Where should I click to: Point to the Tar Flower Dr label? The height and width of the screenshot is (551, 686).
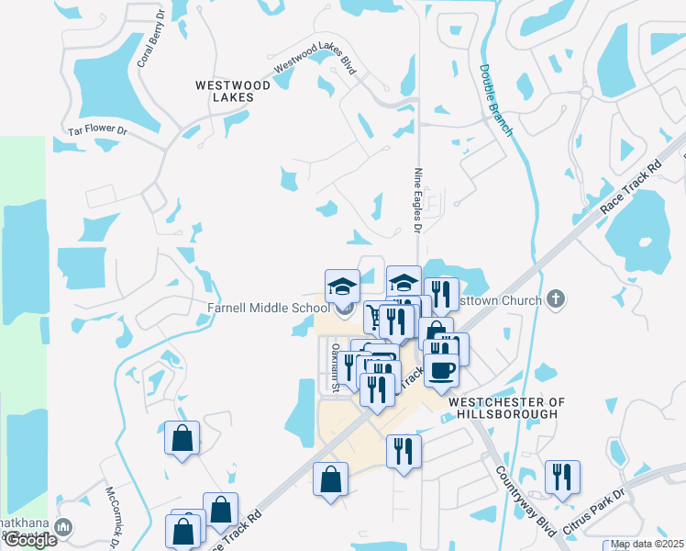click(x=96, y=130)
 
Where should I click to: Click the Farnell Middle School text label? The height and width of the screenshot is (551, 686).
click(x=267, y=307)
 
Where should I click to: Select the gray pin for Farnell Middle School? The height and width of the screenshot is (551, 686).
click(x=344, y=309)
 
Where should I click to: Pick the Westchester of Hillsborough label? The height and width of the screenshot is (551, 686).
click(x=503, y=408)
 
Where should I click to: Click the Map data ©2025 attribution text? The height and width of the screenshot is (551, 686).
click(x=647, y=544)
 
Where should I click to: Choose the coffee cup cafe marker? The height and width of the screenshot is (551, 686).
click(x=440, y=369)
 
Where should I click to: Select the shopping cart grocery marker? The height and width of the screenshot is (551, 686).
click(x=373, y=318)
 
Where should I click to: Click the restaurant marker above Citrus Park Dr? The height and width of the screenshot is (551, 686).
click(x=561, y=476)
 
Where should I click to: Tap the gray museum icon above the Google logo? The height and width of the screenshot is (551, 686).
click(x=62, y=527)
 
